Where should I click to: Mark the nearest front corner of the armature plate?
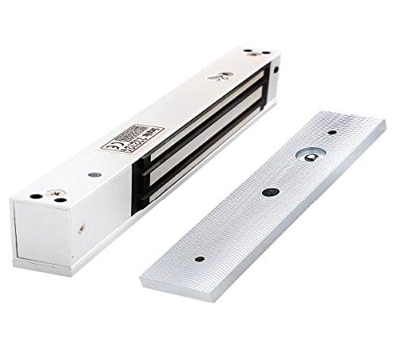tap(144, 278)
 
